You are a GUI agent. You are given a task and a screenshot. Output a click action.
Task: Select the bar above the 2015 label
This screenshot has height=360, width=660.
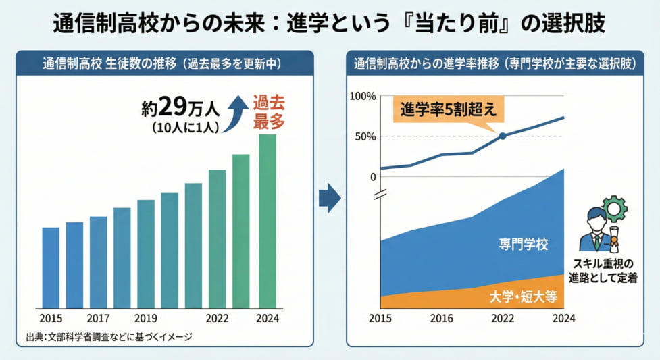pos(51,267)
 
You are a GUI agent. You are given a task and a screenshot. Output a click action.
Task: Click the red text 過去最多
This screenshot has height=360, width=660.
pos(268,113)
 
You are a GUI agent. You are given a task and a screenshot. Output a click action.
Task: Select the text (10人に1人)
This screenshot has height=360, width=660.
pos(180,126)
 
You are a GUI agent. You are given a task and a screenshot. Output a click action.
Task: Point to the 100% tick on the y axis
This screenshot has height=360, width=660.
pos(363,96)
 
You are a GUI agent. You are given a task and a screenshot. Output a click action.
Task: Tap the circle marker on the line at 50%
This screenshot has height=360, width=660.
pos(503,136)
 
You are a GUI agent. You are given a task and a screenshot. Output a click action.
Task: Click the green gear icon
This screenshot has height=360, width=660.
pos(614,209)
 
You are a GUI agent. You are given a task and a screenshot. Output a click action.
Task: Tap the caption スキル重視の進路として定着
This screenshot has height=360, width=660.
pos(604,269)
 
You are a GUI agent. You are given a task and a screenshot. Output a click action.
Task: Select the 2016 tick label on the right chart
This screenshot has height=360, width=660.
pos(442,319)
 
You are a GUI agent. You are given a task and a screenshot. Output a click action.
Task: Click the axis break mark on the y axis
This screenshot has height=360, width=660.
pos(380,196)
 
